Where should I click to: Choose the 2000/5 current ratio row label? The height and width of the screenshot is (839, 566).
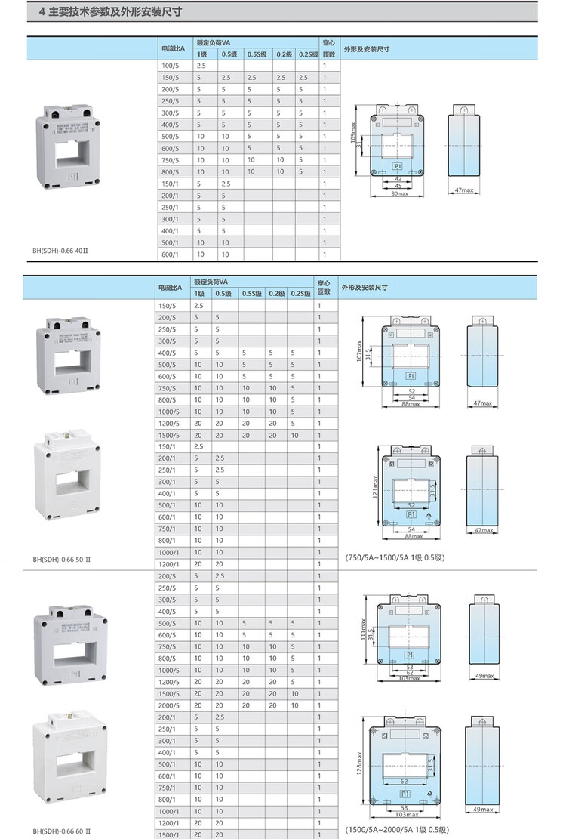click(x=170, y=705)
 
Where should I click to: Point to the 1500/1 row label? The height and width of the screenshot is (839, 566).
click(x=170, y=834)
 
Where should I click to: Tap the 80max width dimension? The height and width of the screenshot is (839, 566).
click(x=399, y=193)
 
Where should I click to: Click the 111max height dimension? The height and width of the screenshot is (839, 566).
click(x=363, y=629)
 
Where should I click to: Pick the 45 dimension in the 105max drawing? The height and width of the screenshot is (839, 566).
click(x=398, y=185)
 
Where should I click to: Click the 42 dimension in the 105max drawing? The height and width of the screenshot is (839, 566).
click(x=398, y=178)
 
